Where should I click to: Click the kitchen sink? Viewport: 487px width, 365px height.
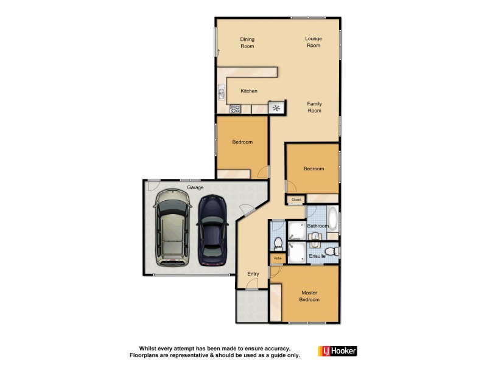click(221, 93)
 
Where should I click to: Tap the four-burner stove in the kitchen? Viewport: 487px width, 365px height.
click(236, 109)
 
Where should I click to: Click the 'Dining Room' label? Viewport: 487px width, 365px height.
click(247, 43)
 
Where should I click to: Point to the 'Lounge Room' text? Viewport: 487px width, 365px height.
click(314, 42)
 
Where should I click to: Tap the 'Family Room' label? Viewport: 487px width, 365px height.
click(314, 107)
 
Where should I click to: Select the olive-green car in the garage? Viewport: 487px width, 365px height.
click(172, 227)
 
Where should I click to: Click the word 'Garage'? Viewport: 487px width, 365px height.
click(195, 188)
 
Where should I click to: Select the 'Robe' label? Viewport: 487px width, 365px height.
click(278, 259)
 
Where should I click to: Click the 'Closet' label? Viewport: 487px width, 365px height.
click(296, 199)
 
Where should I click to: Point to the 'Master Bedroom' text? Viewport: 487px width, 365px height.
click(309, 296)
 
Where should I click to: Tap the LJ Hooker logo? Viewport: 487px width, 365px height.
click(337, 351)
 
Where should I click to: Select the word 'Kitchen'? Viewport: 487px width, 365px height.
click(249, 91)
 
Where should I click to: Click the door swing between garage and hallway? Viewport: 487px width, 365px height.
click(246, 210)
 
